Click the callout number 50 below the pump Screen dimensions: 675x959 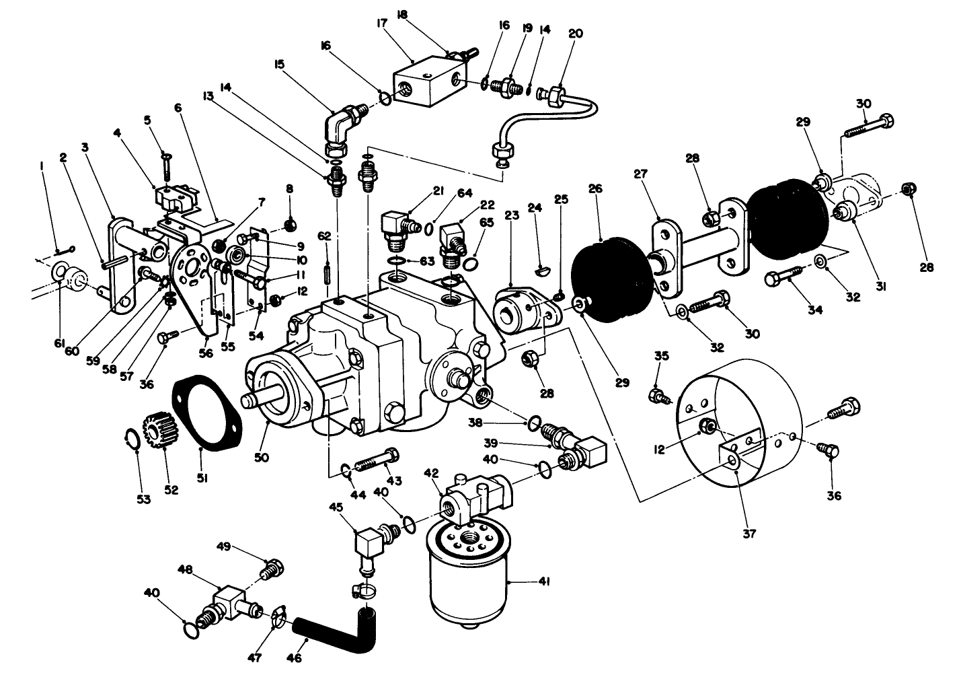point(261,457)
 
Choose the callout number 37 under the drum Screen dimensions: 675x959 point(749,534)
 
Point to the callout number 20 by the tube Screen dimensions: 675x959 point(576,33)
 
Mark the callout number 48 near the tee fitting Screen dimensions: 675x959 point(185,569)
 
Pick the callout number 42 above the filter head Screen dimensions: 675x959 point(430,473)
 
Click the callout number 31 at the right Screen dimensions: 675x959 point(881,286)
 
